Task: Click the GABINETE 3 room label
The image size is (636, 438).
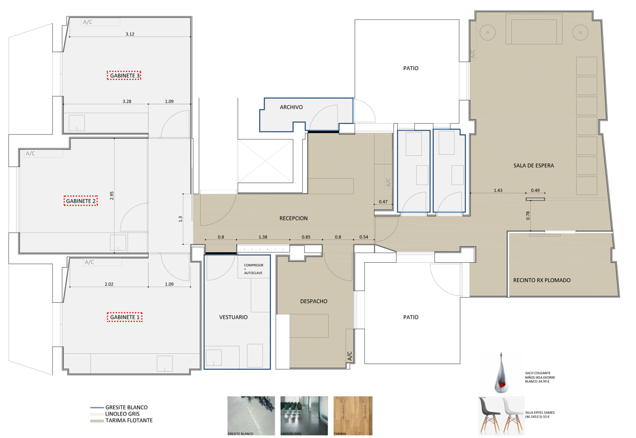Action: pyautogui.click(x=124, y=75)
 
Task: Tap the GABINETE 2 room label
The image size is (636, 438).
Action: pyautogui.click(x=81, y=201)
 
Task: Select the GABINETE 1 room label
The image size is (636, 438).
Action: pyautogui.click(x=125, y=317)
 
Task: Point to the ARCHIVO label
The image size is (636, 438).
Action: pyautogui.click(x=291, y=107)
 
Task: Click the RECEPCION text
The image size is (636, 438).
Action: pyautogui.click(x=293, y=219)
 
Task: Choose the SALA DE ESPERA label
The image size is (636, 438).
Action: pyautogui.click(x=534, y=165)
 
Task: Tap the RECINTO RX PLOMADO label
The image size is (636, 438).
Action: pyautogui.click(x=542, y=280)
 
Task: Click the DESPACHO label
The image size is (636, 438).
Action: pyautogui.click(x=314, y=301)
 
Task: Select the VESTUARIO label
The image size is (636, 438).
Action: pyautogui.click(x=233, y=317)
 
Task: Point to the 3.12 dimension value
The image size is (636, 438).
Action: pyautogui.click(x=130, y=34)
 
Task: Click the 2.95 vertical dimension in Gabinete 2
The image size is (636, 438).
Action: pyautogui.click(x=112, y=196)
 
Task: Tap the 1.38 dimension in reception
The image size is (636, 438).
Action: pyautogui.click(x=263, y=237)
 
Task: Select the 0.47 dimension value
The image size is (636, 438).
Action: pyautogui.click(x=383, y=201)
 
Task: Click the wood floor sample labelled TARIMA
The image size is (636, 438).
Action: pyautogui.click(x=353, y=416)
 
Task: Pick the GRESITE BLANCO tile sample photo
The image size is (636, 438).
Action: pyautogui.click(x=251, y=416)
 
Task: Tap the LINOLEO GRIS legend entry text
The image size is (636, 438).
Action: pyautogui.click(x=122, y=414)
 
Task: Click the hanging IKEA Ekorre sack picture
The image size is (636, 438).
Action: pyautogui.click(x=501, y=373)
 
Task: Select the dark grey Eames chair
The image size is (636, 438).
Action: pyautogui.click(x=489, y=415)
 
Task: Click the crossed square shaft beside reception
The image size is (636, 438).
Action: pyautogui.click(x=265, y=161)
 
